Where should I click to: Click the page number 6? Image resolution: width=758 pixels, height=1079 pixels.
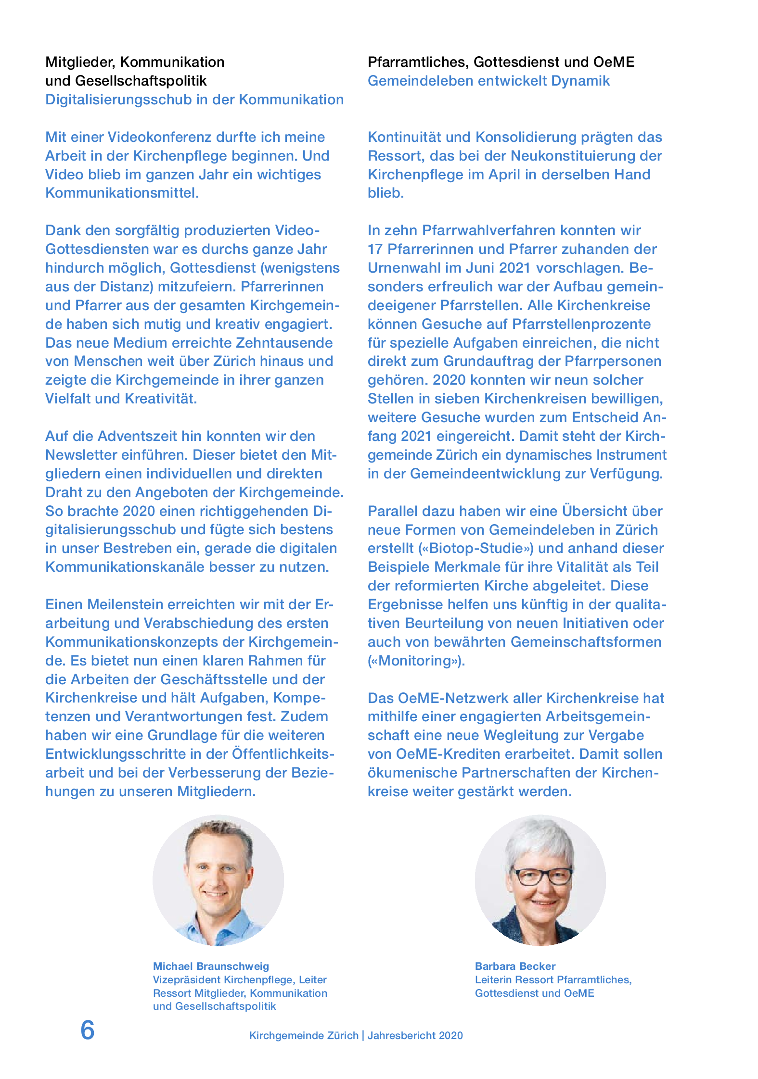coord(88,1030)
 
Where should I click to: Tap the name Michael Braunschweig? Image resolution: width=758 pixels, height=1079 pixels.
coord(211,966)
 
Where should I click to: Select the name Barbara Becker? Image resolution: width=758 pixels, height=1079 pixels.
coord(515,966)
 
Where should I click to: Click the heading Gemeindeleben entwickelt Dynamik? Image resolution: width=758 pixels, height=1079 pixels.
coord(488,81)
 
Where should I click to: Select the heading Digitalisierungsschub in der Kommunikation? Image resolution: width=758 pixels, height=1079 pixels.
coord(194,100)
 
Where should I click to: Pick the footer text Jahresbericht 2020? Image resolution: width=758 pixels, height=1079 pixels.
coord(415,1036)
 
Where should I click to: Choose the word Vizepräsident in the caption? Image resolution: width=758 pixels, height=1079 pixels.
coord(186,979)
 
